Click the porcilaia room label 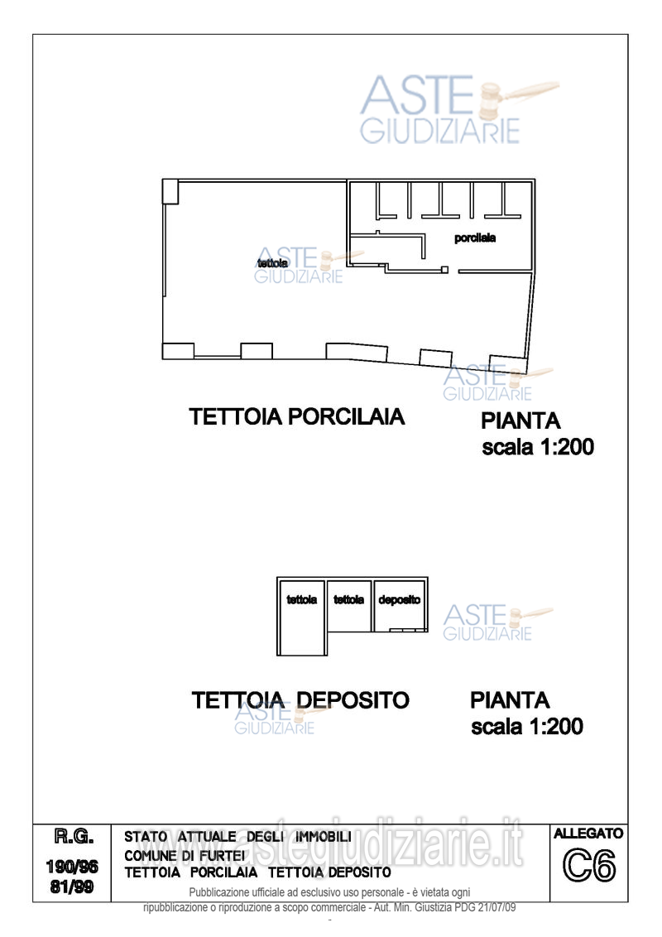point(475,238)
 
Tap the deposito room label point(400,600)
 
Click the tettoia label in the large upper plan point(272,263)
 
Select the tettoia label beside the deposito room point(349,600)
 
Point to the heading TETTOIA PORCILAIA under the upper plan point(298,416)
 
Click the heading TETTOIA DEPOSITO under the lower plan point(300,700)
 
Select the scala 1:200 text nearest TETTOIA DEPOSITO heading point(527,727)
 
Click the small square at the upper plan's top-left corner point(170,191)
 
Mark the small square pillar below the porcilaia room point(444,270)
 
